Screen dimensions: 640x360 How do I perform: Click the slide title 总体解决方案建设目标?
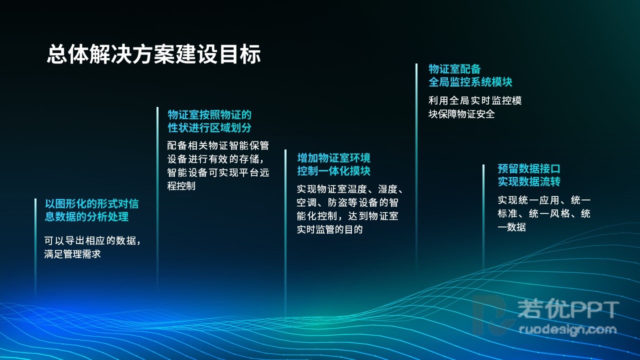(153, 53)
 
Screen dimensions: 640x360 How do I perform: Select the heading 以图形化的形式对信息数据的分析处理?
(91, 210)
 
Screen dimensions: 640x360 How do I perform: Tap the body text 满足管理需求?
(72, 254)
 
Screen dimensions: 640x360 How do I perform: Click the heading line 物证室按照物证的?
(209, 115)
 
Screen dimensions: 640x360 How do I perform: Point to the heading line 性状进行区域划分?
(209, 127)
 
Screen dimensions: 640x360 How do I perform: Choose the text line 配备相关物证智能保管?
(218, 145)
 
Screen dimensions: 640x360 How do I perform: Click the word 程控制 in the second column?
(181, 186)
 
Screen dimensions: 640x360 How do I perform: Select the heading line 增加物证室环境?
(333, 158)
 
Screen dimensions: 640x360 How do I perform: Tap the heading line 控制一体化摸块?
(333, 171)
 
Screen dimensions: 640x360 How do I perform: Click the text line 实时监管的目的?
(329, 229)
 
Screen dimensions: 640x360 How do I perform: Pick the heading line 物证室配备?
(454, 69)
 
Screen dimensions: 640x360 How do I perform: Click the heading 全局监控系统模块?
(470, 82)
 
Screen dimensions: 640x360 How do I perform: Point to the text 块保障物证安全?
(461, 114)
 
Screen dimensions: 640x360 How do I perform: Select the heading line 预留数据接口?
(529, 168)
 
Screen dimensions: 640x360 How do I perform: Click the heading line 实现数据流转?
(529, 181)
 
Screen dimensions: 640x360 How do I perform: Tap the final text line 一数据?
(511, 227)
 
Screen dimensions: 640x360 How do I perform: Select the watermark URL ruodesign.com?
(567, 329)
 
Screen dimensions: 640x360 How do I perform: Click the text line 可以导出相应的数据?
(92, 240)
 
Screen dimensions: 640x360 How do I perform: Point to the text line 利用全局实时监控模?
(475, 100)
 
